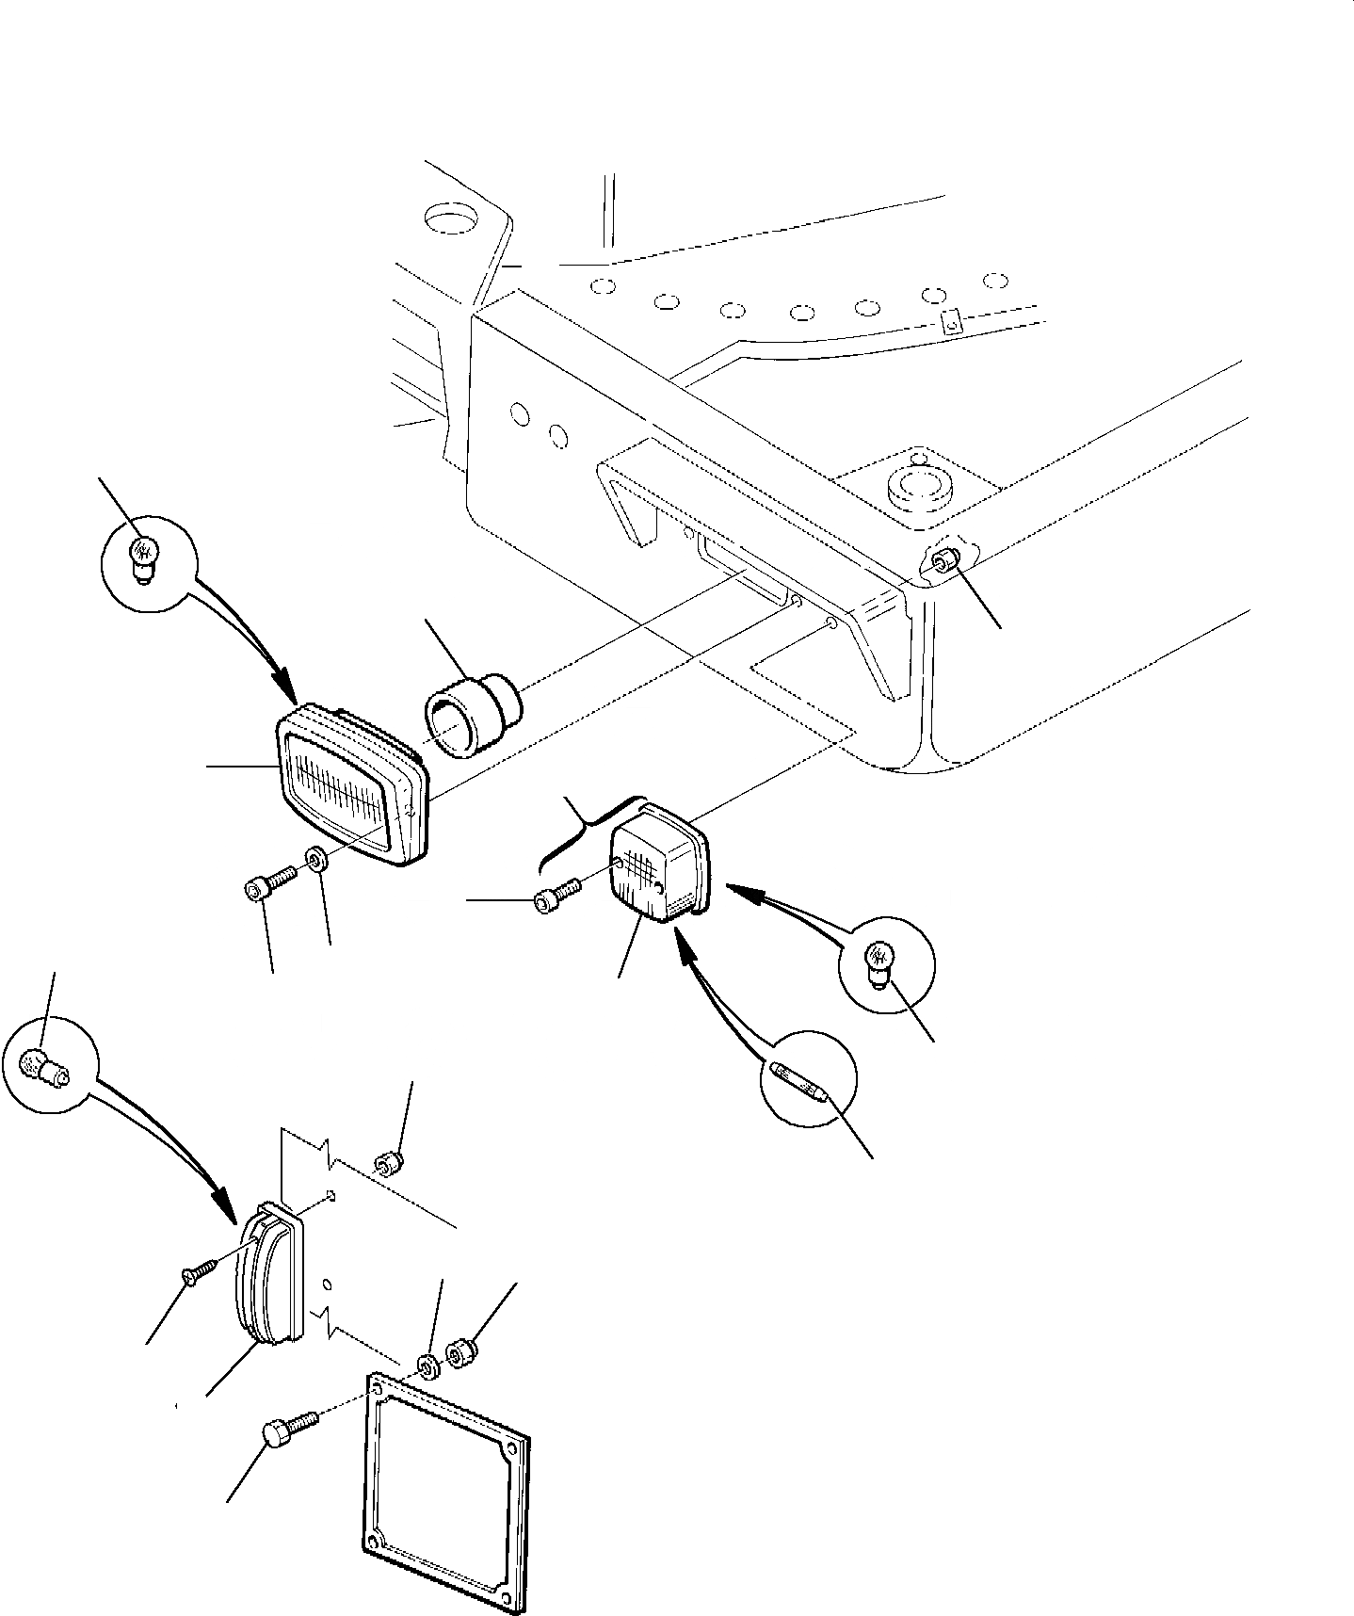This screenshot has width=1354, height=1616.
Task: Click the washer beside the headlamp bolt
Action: (316, 860)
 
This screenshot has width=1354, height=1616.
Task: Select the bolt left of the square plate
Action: (285, 1437)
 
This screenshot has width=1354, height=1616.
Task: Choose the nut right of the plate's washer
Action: (459, 1357)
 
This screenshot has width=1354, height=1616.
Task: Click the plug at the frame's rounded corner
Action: (942, 562)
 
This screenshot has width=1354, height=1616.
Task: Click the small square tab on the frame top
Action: (952, 322)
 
